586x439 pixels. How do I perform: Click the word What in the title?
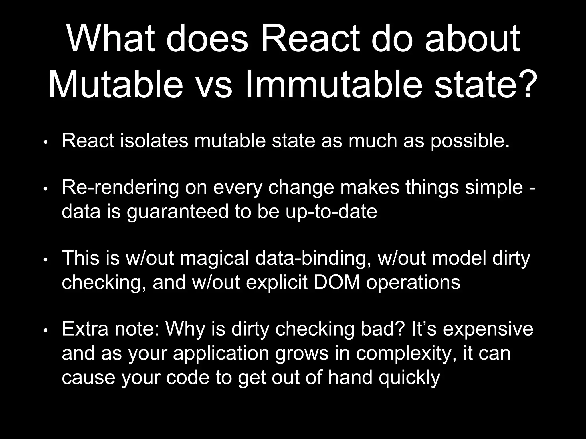tap(110, 39)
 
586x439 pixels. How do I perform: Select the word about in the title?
tap(472, 39)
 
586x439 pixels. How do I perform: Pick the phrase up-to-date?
tap(331, 212)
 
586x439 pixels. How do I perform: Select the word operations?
tap(413, 283)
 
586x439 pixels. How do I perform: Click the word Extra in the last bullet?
tap(85, 329)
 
